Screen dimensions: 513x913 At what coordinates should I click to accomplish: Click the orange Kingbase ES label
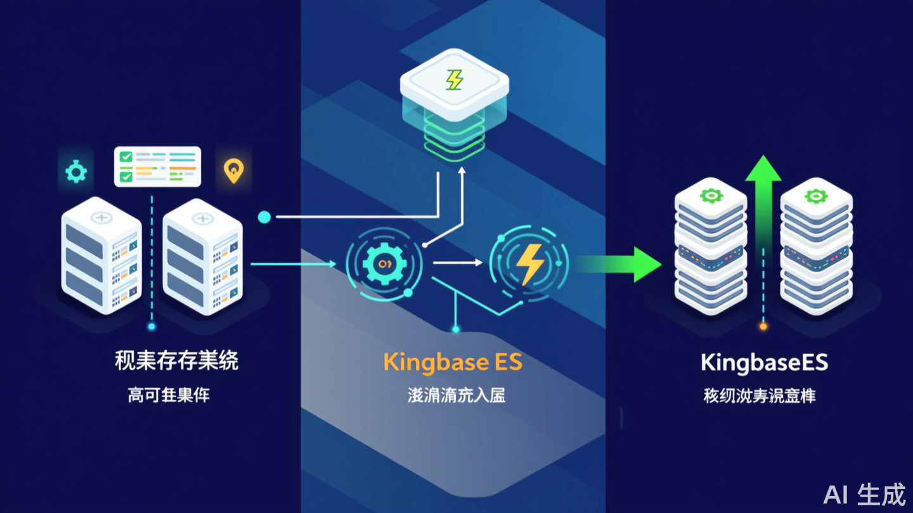click(x=453, y=362)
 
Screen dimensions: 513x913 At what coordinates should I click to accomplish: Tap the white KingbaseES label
click(x=764, y=363)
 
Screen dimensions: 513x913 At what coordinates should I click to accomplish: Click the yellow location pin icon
click(x=233, y=170)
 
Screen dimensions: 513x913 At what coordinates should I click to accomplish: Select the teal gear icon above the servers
click(x=76, y=171)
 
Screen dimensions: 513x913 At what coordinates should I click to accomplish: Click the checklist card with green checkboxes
click(x=157, y=167)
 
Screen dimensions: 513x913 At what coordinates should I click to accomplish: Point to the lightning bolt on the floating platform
click(x=455, y=80)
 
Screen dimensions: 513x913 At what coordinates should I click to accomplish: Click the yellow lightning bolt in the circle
click(x=529, y=265)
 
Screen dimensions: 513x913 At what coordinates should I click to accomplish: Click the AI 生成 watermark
click(x=864, y=494)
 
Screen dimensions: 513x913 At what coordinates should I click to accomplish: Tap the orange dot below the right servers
click(x=763, y=327)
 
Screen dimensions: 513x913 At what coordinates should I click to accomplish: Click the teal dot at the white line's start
click(x=264, y=217)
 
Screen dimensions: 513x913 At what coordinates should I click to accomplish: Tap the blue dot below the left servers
click(x=151, y=327)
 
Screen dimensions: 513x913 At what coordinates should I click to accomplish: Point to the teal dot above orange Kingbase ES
click(x=455, y=329)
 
